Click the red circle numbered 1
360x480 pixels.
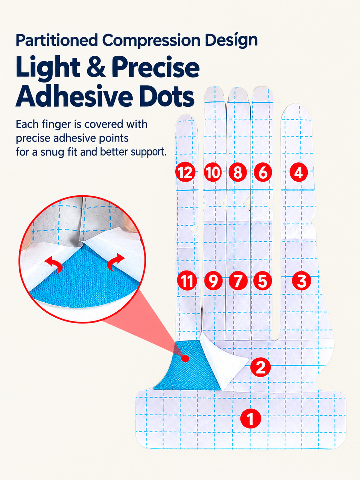251,418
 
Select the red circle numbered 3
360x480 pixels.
301,281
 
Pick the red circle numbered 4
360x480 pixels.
299,172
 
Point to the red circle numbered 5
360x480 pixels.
263,281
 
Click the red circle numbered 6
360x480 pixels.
263,172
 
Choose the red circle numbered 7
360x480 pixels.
238,281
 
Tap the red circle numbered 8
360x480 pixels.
238,172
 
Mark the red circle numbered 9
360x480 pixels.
213,281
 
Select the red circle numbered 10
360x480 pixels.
213,172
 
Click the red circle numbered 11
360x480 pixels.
187,281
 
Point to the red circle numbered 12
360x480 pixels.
185,172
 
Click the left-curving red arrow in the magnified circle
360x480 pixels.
54,264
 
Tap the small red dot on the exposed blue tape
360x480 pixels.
185,358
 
